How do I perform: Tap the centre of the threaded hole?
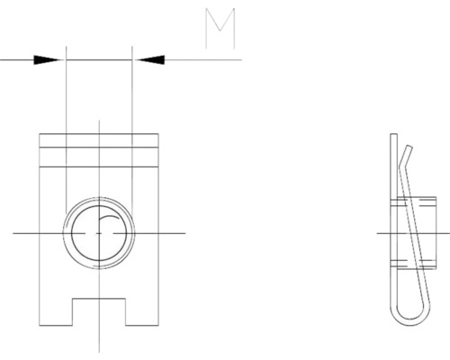[99, 233]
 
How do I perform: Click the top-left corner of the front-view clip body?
[40, 134]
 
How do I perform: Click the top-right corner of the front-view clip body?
[159, 134]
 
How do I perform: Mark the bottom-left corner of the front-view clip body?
[40, 328]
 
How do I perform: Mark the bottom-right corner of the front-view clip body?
[159, 328]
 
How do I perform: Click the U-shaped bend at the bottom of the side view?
[405, 320]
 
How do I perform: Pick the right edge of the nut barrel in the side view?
[422, 233]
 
